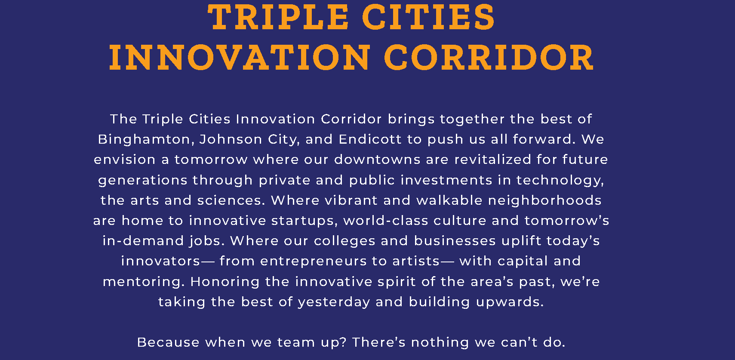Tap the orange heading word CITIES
point(428,17)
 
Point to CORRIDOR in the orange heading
point(489,58)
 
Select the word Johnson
point(231,139)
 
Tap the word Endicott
point(370,139)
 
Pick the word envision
point(125,160)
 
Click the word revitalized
point(493,160)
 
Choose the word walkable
point(449,200)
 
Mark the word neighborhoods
point(545,200)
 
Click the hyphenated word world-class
point(386,221)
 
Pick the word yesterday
point(334,302)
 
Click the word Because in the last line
point(168,343)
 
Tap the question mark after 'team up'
point(343,343)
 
